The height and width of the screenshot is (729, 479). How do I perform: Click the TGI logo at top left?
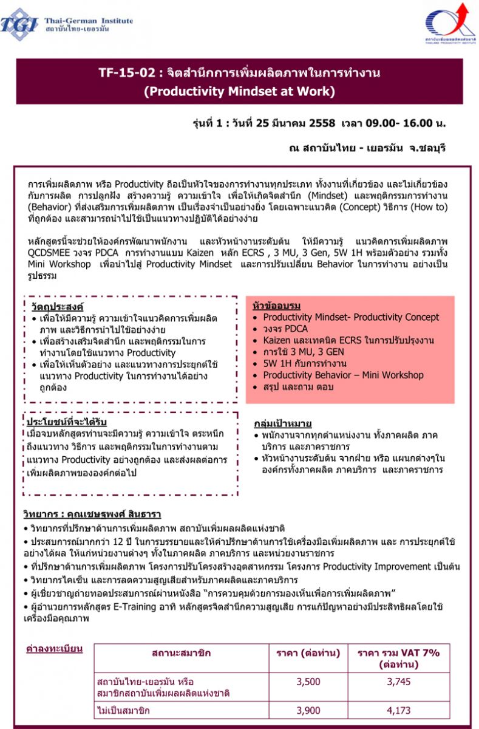point(19,24)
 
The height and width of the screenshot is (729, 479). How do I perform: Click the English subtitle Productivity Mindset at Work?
point(239,92)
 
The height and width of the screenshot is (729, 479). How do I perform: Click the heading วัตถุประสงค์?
point(57,306)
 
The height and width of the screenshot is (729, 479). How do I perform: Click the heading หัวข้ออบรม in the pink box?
point(276,306)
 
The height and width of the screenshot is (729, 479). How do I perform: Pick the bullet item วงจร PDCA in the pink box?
point(285,329)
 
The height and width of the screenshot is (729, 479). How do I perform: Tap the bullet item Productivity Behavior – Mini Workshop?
point(343,375)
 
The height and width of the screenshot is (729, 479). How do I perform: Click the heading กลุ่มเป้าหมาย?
point(282,423)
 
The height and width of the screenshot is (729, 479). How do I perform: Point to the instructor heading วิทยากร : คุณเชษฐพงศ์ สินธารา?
point(93,514)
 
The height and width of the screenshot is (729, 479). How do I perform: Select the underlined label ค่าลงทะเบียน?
point(54,649)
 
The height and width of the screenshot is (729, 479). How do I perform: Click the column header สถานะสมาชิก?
point(182,653)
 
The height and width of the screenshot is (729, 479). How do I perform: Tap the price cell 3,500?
point(308,682)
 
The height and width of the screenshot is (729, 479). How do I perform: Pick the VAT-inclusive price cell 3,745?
point(398,682)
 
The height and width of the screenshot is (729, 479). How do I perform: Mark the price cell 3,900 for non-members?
point(308,710)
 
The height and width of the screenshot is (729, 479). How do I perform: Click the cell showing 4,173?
point(398,710)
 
